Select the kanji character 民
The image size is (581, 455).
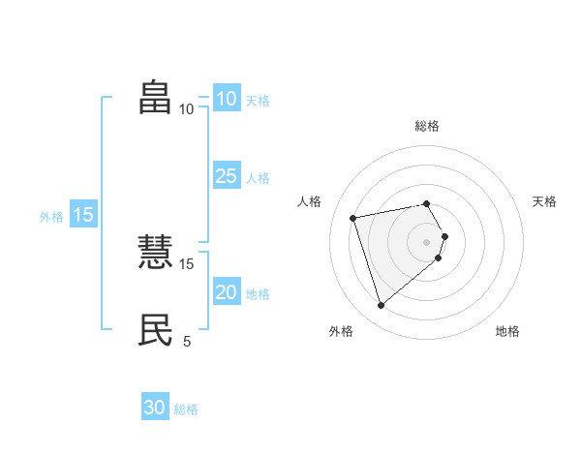156,330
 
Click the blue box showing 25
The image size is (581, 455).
226,176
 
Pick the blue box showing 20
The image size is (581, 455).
226,292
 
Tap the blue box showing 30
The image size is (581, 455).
155,408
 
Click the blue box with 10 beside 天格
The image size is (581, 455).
226,99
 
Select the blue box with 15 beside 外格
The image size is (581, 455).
83,215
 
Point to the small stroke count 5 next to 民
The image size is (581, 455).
187,341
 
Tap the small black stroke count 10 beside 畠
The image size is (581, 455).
187,108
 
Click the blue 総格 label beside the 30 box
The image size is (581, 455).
186,409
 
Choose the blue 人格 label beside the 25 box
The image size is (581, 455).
258,178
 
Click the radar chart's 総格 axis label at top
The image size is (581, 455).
427,126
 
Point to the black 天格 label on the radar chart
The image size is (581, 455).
545,201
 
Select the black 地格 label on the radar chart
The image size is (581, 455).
507,331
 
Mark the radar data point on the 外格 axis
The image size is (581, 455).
381,306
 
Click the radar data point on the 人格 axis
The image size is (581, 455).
353,217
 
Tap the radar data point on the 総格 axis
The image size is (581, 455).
427,203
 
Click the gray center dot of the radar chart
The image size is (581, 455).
427,241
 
